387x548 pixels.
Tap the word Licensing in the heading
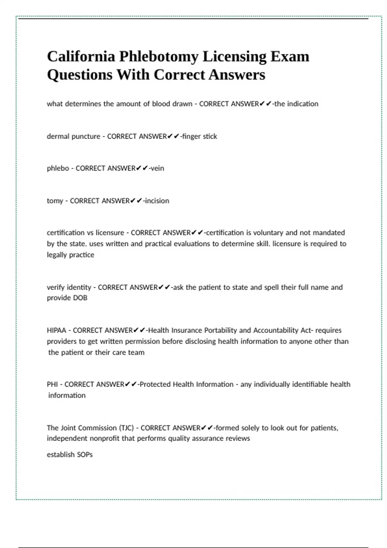click(x=234, y=57)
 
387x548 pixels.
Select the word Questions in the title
click(x=80, y=75)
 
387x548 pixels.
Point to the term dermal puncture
click(x=74, y=136)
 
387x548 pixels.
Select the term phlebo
click(x=58, y=168)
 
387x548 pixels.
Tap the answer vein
click(x=157, y=168)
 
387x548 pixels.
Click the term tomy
click(x=55, y=201)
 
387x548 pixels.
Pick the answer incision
click(x=157, y=201)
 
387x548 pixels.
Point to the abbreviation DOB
click(x=80, y=298)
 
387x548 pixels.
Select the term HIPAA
click(x=56, y=330)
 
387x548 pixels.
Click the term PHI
click(x=52, y=384)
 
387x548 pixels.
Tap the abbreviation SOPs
click(x=84, y=455)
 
